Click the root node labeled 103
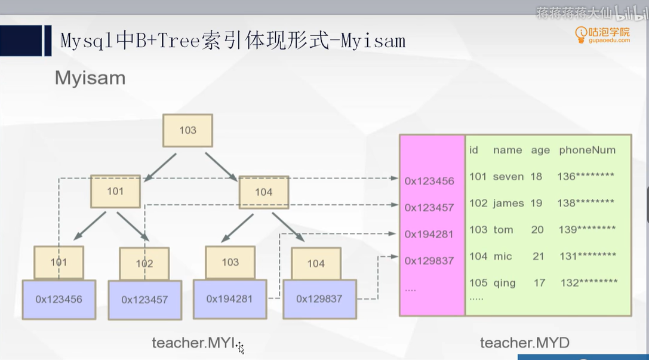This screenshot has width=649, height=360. [187, 130]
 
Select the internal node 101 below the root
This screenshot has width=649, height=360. [115, 191]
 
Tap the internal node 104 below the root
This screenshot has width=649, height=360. [263, 192]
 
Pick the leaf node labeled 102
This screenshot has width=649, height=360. [144, 263]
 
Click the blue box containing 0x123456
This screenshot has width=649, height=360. [59, 299]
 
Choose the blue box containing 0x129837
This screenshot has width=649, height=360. [319, 299]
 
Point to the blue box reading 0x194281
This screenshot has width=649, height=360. [230, 298]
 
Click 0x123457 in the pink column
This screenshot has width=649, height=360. [429, 208]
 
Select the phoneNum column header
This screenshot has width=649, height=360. [587, 150]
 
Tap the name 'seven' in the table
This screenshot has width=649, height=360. [508, 177]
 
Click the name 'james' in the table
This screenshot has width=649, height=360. [508, 203]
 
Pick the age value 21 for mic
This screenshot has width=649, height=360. [539, 256]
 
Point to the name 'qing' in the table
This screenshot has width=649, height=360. [505, 282]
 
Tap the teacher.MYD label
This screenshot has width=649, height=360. [524, 343]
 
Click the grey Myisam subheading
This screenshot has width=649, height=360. [90, 78]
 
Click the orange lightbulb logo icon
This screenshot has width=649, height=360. [580, 35]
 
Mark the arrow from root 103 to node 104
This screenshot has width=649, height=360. [221, 166]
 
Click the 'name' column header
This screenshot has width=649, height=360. [507, 150]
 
